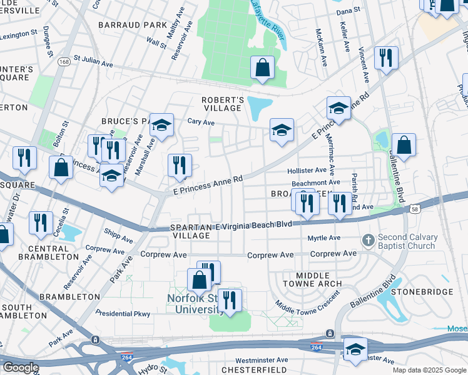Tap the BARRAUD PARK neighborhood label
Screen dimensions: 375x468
coord(132,25)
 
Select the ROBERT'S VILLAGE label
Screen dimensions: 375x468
coord(222,104)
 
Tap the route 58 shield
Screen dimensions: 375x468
coord(415,209)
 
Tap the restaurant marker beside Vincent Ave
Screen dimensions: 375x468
coord(386,58)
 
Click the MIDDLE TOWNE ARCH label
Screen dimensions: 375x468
coord(310,279)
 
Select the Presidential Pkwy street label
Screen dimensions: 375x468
coord(123,312)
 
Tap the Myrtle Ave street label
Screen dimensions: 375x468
coord(324,238)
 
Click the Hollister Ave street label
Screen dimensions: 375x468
coord(307,170)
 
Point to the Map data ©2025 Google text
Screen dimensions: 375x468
coord(429,369)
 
